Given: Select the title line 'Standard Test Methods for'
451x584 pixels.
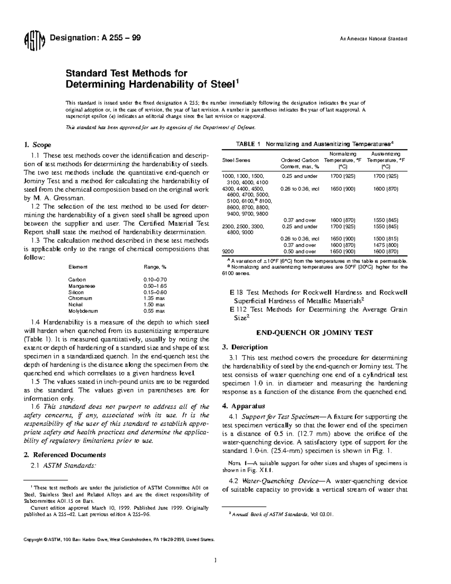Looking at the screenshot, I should (x=126, y=73).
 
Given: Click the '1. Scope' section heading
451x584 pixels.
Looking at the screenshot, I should (x=37, y=145).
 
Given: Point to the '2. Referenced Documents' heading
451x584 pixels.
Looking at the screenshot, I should (x=65, y=455).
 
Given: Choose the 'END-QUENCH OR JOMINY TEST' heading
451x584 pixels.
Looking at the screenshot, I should (x=314, y=332).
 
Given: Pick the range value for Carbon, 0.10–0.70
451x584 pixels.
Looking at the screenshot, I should (x=155, y=279).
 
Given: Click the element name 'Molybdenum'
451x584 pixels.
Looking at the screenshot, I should (x=83, y=311).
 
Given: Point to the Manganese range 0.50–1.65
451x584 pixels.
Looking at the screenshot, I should (x=155, y=286).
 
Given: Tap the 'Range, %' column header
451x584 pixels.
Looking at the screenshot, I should (x=154, y=267).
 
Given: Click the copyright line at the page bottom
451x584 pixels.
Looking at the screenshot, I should (x=119, y=539).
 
